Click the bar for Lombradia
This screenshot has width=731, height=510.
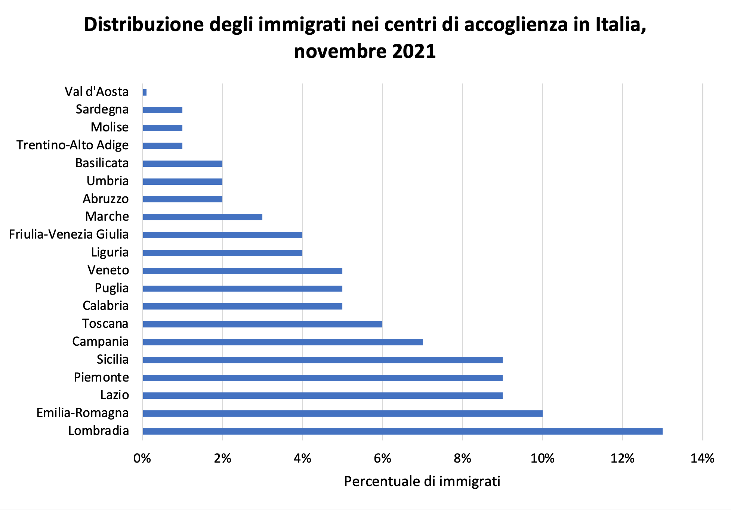click(402, 431)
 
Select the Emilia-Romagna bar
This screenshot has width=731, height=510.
click(342, 413)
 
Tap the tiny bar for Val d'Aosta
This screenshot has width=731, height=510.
click(145, 92)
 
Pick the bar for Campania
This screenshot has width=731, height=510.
click(283, 342)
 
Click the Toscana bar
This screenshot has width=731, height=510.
click(262, 324)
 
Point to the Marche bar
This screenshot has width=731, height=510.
click(203, 217)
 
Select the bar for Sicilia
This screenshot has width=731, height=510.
click(323, 360)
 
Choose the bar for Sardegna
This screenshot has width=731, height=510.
click(163, 110)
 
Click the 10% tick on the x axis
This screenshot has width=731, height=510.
click(542, 458)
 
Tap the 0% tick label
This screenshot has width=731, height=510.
click(142, 458)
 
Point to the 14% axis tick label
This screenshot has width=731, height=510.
click(702, 458)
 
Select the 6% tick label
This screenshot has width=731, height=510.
click(382, 458)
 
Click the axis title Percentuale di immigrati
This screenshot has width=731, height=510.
click(422, 482)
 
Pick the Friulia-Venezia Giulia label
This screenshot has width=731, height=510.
click(69, 234)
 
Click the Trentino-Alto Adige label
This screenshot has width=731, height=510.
click(73, 145)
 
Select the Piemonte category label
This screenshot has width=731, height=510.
click(101, 377)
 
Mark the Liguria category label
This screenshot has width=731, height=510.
click(110, 252)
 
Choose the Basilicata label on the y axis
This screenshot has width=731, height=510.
click(102, 163)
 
